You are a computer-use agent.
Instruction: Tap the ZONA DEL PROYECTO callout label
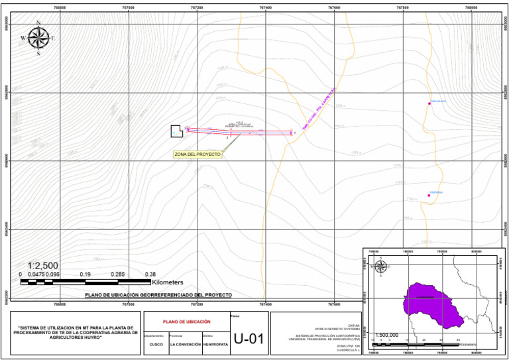click(x=197, y=154)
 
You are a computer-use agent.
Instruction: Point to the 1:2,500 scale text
click(x=43, y=266)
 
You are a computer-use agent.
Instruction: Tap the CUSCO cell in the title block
click(x=156, y=345)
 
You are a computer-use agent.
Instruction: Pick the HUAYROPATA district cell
click(x=215, y=345)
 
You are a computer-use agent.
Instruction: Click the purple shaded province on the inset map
click(x=431, y=304)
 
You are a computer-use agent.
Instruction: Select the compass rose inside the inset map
click(x=381, y=267)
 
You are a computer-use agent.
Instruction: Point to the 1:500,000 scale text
click(x=387, y=335)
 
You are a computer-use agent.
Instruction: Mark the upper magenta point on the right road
click(x=429, y=103)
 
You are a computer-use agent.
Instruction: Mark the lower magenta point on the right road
click(x=429, y=195)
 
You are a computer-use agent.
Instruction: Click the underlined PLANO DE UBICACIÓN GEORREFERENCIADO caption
click(x=158, y=294)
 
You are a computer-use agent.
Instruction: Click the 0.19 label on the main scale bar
click(x=85, y=274)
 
